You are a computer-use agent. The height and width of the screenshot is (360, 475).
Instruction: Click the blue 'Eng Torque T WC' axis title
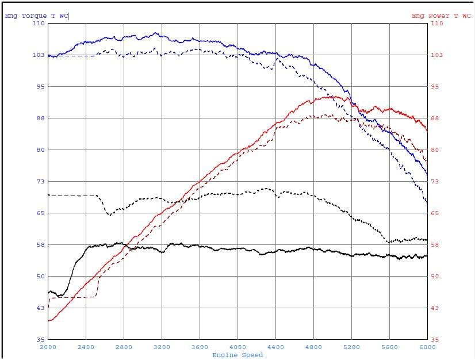click(x=36, y=16)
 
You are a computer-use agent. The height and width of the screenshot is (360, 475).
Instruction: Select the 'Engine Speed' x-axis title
click(x=237, y=355)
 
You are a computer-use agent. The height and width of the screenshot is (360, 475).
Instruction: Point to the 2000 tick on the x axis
click(x=48, y=347)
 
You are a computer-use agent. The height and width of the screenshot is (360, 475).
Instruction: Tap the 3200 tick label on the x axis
click(x=162, y=347)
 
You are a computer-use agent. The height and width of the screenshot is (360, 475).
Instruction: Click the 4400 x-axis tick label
click(x=275, y=347)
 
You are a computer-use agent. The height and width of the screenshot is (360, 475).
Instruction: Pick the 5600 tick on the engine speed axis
click(x=389, y=347)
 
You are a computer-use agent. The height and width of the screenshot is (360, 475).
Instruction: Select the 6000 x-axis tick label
click(x=427, y=347)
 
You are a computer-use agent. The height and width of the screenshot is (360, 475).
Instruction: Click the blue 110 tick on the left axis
click(x=39, y=24)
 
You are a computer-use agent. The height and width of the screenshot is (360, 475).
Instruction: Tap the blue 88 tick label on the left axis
click(x=40, y=118)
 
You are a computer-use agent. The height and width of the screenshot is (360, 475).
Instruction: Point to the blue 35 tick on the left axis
click(x=40, y=339)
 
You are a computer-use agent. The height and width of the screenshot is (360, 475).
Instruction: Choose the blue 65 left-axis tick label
click(x=40, y=213)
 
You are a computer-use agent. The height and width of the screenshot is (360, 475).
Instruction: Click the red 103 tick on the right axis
click(x=437, y=55)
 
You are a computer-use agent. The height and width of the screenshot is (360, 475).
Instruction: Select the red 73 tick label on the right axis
click(x=435, y=182)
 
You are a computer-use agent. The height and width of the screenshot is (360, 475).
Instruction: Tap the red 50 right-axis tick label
click(x=435, y=277)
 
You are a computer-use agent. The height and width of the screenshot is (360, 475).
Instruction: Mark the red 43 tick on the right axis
click(x=435, y=308)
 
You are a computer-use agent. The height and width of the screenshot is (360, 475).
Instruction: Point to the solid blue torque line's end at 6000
click(x=427, y=175)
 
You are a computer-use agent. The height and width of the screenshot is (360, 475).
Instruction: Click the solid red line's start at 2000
click(x=49, y=320)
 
